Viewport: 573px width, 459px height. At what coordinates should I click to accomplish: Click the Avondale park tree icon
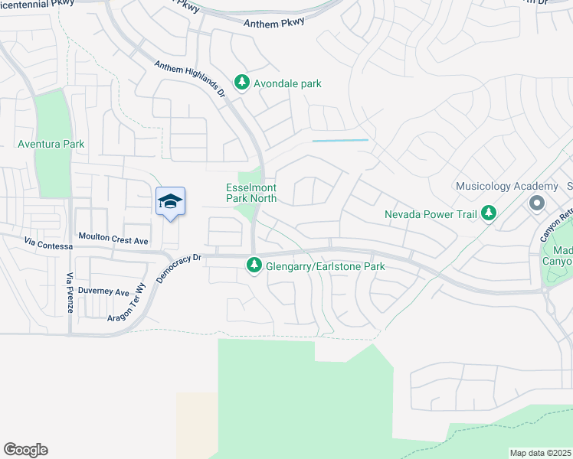click(x=242, y=83)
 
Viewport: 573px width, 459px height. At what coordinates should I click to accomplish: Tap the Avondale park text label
click(x=288, y=83)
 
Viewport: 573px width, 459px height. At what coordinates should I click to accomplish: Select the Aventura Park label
click(x=51, y=144)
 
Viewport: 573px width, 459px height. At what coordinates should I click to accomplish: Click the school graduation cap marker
click(x=170, y=201)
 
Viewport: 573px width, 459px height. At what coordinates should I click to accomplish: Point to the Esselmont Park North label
click(x=251, y=193)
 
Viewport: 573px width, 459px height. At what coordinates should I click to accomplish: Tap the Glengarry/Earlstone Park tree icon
click(x=254, y=266)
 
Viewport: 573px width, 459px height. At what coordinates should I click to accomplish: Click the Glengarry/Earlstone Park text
click(x=326, y=266)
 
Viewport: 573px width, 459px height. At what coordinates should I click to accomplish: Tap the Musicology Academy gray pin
click(x=536, y=203)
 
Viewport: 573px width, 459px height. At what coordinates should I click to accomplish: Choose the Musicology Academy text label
click(x=506, y=187)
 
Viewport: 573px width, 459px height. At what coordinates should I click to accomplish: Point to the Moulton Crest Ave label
click(x=113, y=240)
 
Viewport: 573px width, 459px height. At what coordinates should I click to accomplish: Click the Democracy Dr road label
click(x=177, y=269)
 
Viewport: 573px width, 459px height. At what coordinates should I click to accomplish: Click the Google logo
click(x=25, y=450)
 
